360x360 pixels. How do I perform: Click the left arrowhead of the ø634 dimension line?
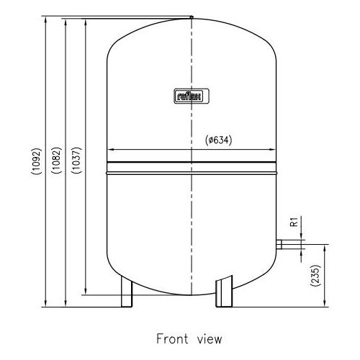click(x=109, y=150)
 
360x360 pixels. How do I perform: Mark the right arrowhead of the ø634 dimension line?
click(x=274, y=150)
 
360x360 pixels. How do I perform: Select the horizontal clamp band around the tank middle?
click(x=192, y=171)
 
